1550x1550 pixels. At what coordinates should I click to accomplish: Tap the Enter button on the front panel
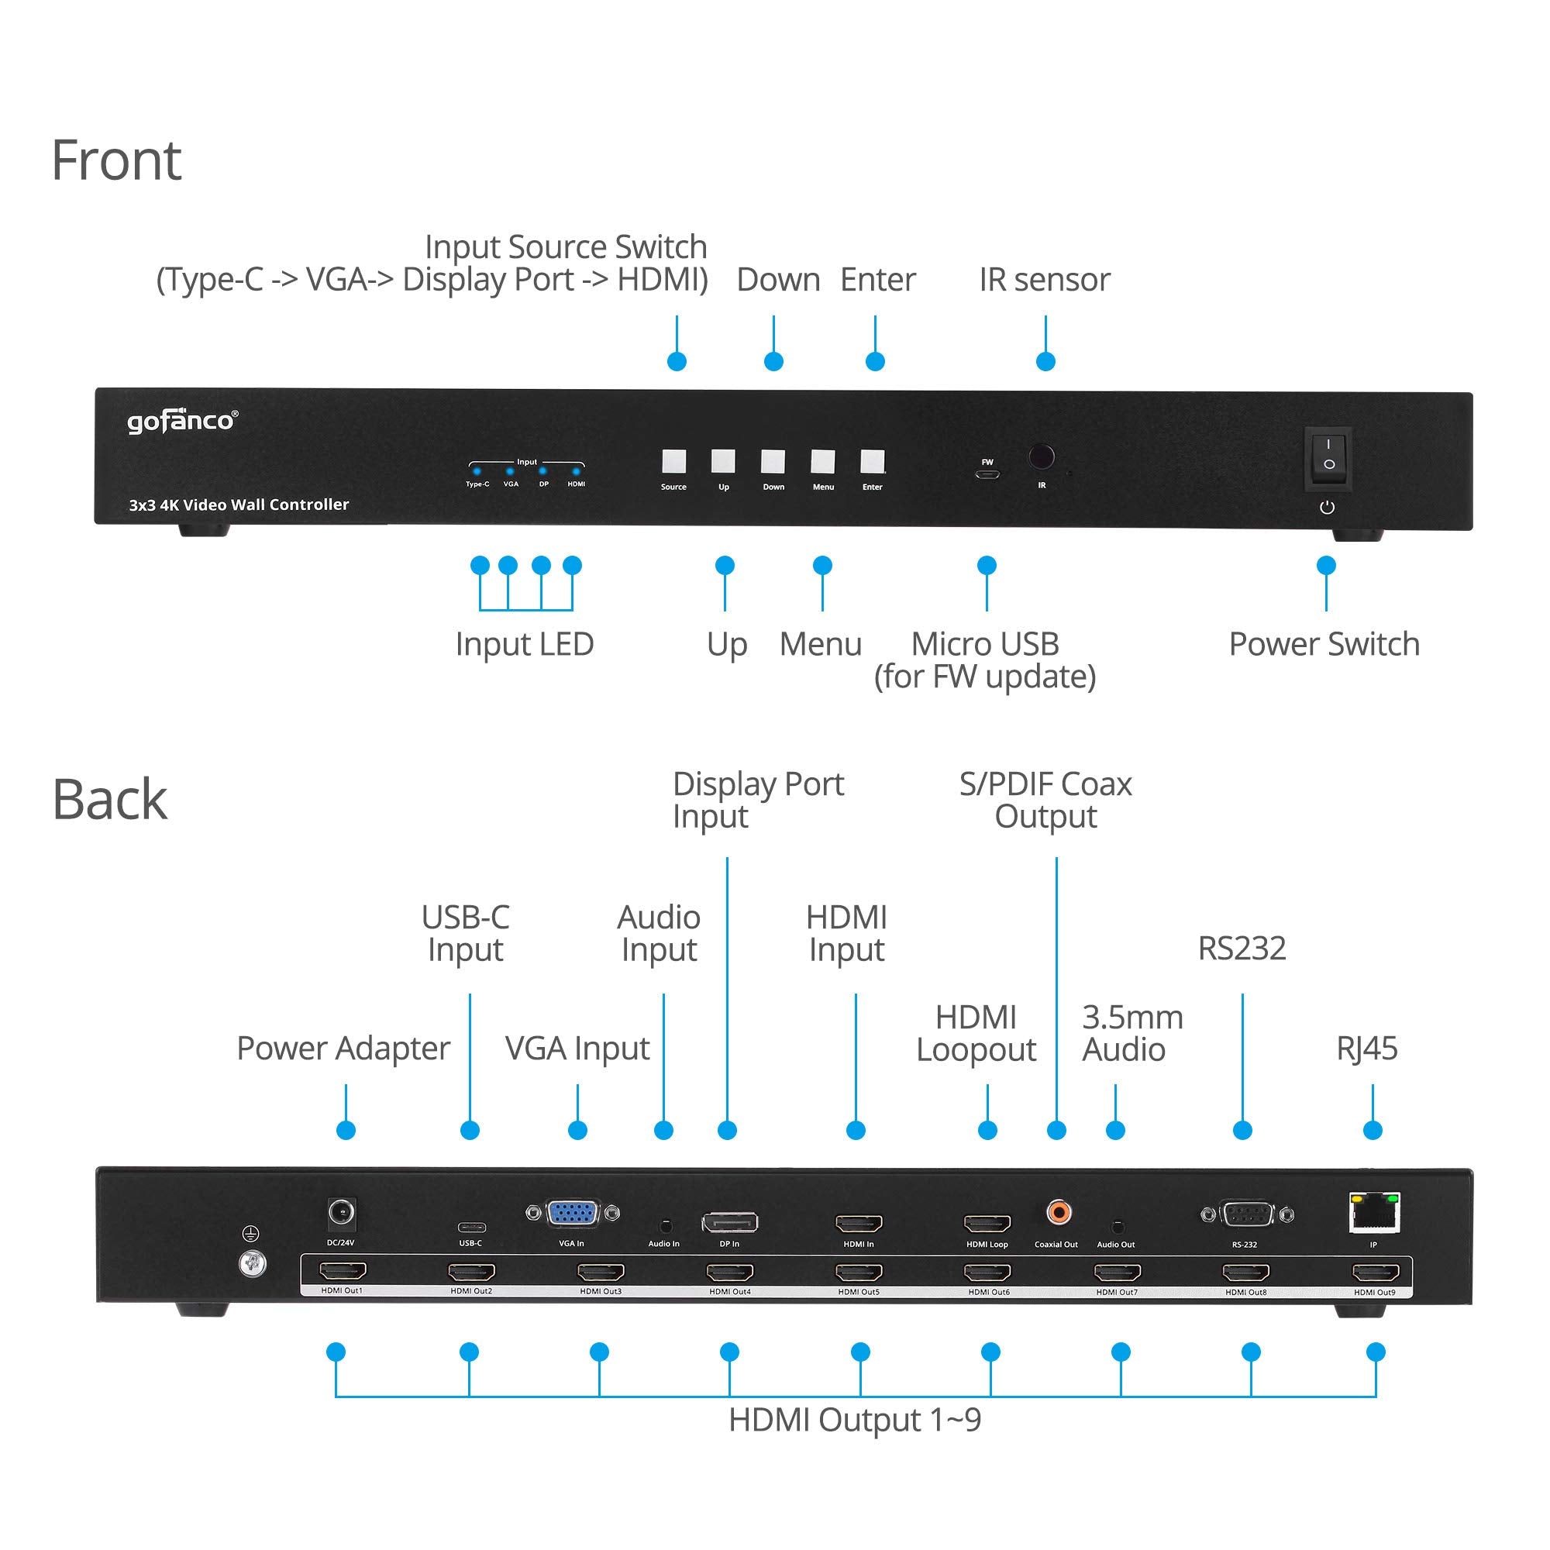click(872, 461)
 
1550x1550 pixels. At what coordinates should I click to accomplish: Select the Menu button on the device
click(822, 461)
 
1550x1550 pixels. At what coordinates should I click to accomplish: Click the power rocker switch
click(1328, 455)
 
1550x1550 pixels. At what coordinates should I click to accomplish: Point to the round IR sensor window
click(1042, 456)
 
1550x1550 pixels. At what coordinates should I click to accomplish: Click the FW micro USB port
click(987, 474)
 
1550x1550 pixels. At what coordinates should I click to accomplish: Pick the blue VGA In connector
click(572, 1213)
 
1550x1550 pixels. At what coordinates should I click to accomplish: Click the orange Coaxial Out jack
click(1058, 1211)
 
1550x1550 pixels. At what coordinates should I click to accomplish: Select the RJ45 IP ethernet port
click(1375, 1214)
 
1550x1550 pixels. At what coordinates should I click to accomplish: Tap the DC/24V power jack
click(342, 1211)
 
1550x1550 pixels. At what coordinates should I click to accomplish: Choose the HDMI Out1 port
click(343, 1271)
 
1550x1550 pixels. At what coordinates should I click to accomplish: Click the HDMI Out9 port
click(1375, 1273)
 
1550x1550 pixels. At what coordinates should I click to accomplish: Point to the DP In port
click(729, 1223)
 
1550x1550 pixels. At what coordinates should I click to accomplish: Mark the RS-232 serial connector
click(1246, 1214)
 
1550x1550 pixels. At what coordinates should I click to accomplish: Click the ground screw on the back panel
click(253, 1266)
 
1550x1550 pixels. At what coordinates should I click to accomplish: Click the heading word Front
click(116, 160)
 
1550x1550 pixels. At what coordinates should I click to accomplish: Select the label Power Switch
click(1324, 644)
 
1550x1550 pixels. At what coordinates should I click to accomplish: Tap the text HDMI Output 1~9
click(854, 1420)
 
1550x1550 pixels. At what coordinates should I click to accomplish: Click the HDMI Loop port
click(987, 1224)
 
